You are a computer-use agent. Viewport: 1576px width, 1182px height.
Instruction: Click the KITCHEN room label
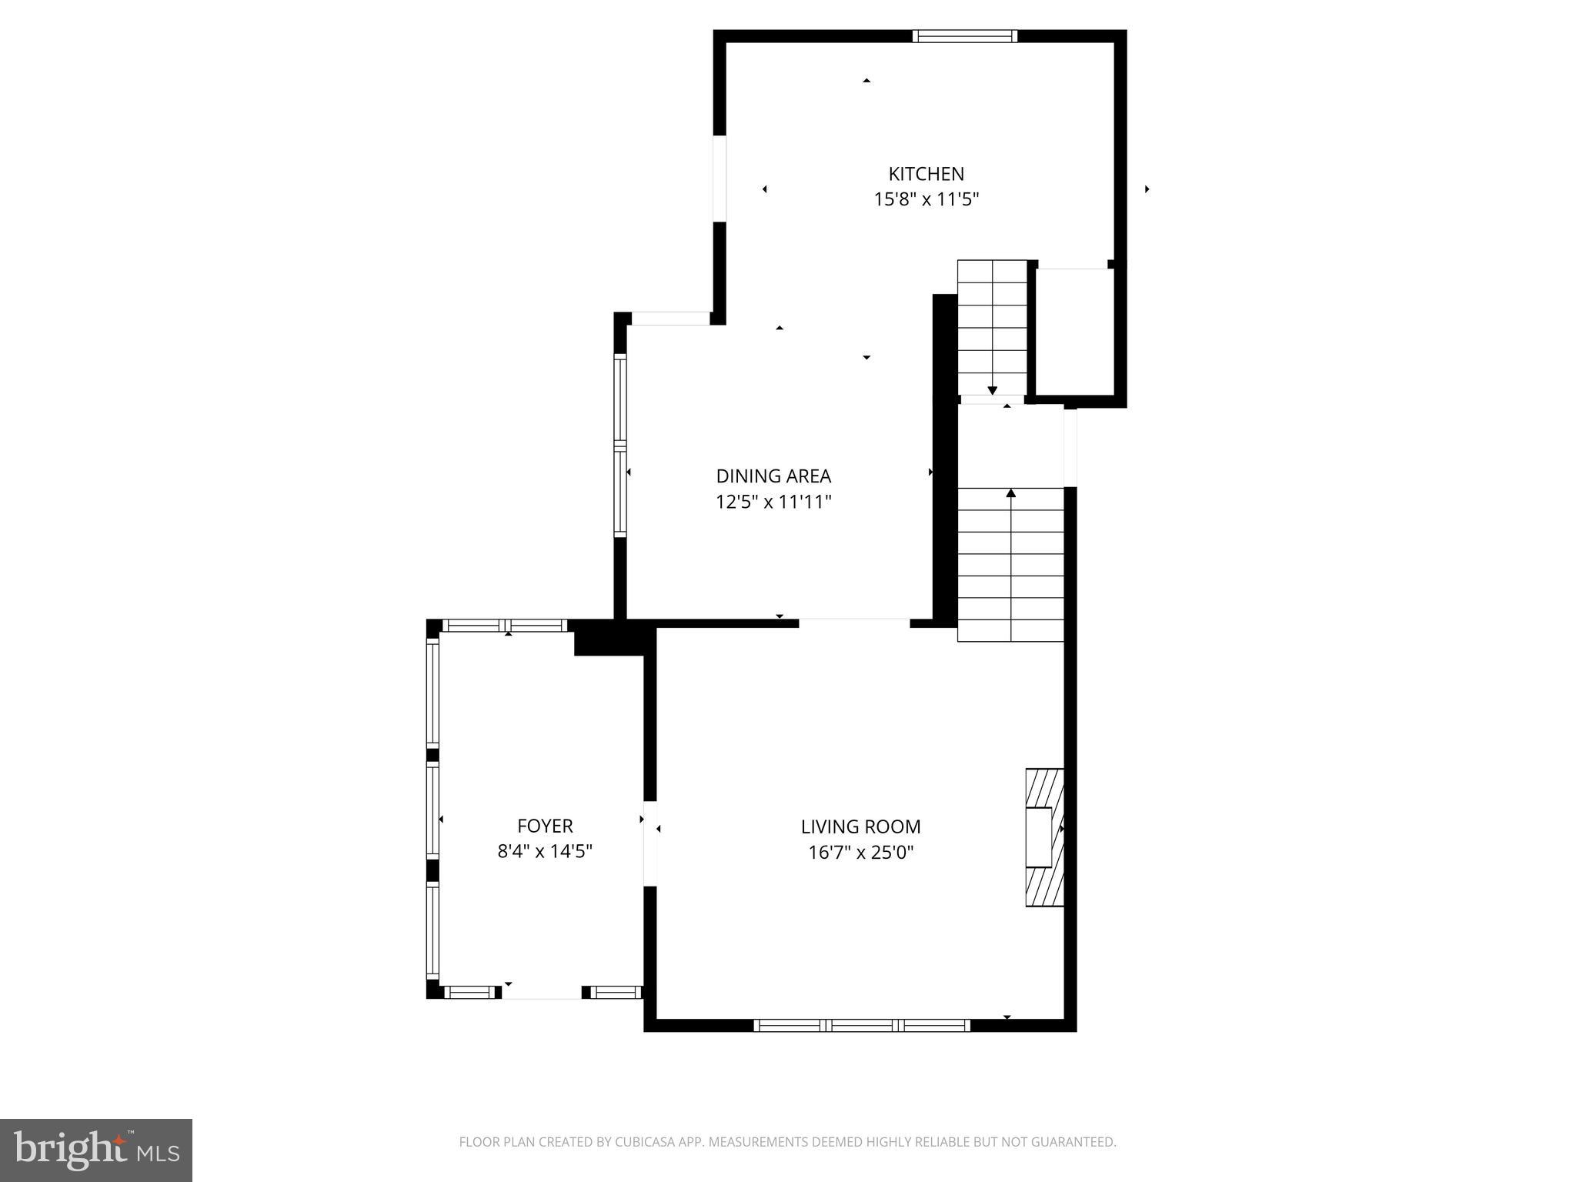click(x=926, y=174)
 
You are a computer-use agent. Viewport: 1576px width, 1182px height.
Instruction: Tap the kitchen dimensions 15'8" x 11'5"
click(x=926, y=200)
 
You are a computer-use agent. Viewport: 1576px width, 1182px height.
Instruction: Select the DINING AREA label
click(x=773, y=476)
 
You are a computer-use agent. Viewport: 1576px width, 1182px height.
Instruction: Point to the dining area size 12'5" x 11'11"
click(x=773, y=503)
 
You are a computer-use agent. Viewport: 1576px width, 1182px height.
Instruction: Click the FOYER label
click(x=545, y=826)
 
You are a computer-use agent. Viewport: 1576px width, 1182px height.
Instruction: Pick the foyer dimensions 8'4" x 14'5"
click(x=545, y=852)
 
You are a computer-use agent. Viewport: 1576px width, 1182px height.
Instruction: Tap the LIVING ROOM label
click(x=860, y=826)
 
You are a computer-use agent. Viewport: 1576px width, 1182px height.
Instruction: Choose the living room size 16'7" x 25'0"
click(x=860, y=853)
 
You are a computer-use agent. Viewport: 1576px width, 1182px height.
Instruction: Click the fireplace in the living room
click(x=1044, y=837)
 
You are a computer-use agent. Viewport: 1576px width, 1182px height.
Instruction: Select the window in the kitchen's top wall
click(x=965, y=36)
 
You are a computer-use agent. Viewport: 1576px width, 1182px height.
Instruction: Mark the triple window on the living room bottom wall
click(x=862, y=1024)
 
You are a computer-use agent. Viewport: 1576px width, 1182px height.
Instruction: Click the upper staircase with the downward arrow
click(x=992, y=327)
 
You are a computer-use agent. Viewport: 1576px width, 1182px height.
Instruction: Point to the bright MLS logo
click(x=96, y=1150)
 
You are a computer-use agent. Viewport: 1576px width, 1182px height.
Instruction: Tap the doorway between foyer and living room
click(x=650, y=843)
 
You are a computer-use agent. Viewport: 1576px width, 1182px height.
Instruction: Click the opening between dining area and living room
click(x=854, y=623)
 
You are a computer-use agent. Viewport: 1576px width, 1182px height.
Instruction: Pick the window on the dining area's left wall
click(x=619, y=445)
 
